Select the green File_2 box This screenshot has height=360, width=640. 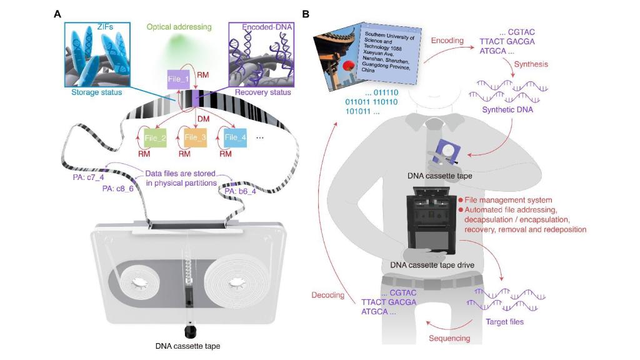154,137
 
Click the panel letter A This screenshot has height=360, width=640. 57,13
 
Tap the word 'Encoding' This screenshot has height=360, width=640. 447,41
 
